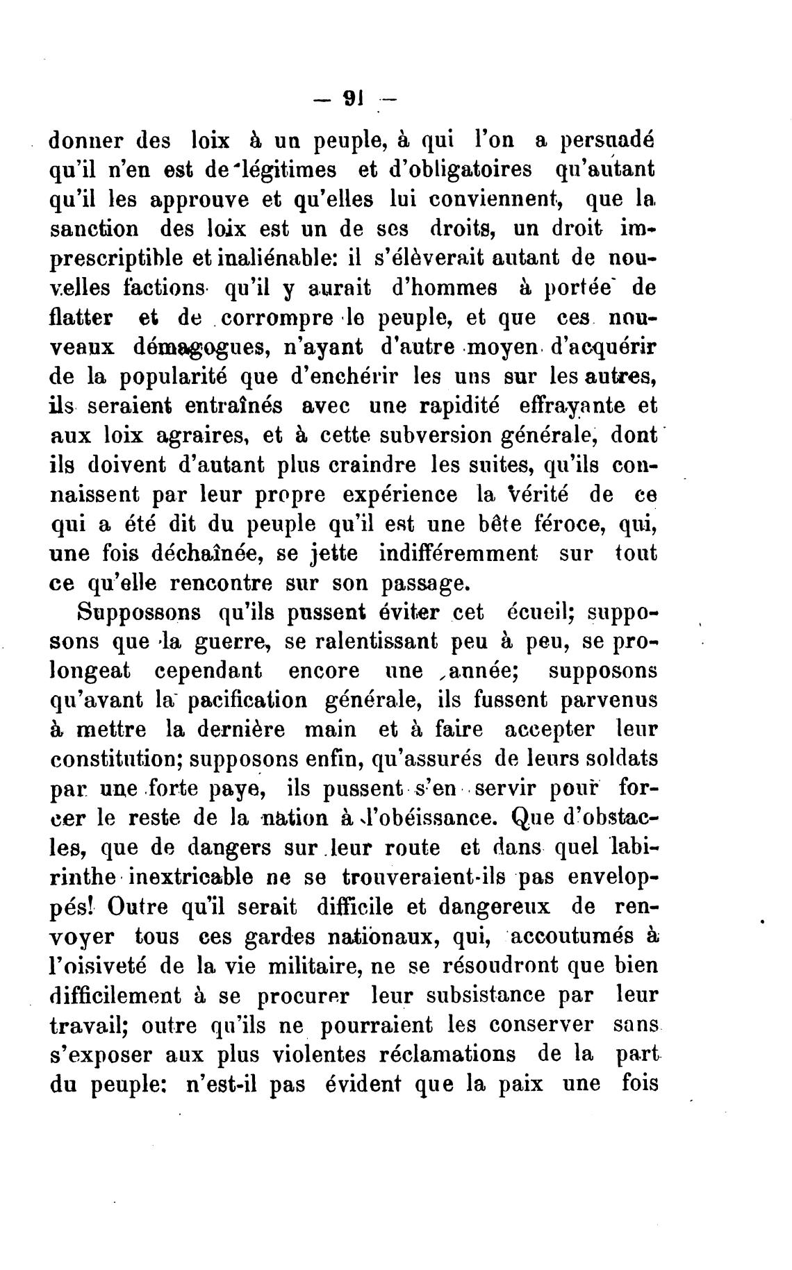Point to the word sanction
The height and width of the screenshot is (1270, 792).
[x=94, y=228]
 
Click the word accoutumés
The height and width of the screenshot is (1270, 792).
[x=578, y=937]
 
